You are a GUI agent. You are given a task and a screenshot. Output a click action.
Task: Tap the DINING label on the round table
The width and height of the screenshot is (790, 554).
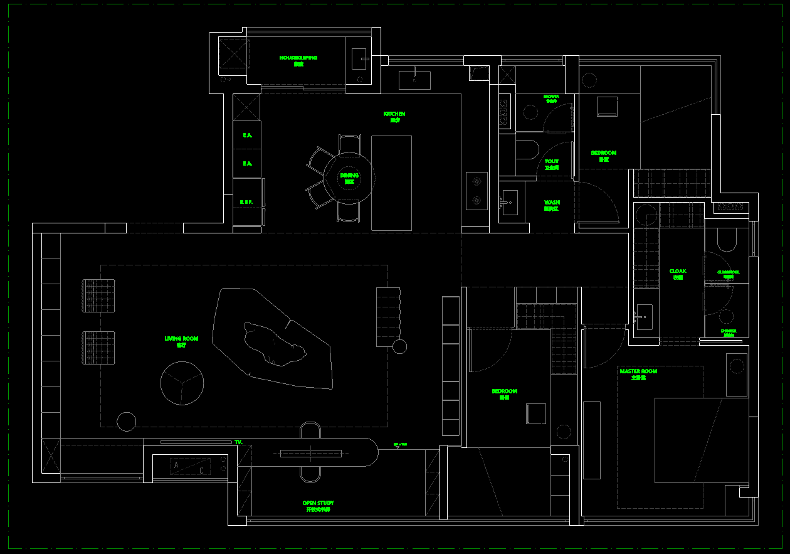pyautogui.click(x=349, y=178)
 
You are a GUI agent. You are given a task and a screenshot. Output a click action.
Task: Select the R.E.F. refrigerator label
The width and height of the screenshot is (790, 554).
pyautogui.click(x=246, y=202)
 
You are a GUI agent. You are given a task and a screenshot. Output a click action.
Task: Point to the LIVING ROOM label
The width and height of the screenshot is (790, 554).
pyautogui.click(x=181, y=341)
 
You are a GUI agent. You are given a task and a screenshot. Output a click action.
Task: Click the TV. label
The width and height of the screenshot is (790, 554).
pyautogui.click(x=238, y=442)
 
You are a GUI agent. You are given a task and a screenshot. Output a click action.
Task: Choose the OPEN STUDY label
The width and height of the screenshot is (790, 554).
pyautogui.click(x=318, y=505)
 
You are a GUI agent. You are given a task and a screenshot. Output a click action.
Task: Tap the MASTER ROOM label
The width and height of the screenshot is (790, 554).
pyautogui.click(x=638, y=373)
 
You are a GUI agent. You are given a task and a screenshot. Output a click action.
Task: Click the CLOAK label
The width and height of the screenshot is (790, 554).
pyautogui.click(x=678, y=273)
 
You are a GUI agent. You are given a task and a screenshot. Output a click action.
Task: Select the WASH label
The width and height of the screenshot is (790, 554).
pyautogui.click(x=552, y=205)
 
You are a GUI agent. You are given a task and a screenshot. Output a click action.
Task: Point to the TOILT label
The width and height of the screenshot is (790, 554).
pyautogui.click(x=552, y=164)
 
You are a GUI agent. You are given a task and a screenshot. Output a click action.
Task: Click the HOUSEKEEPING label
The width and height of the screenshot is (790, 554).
pyautogui.click(x=298, y=60)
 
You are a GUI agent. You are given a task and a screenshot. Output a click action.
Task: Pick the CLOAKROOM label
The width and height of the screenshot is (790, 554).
pyautogui.click(x=728, y=274)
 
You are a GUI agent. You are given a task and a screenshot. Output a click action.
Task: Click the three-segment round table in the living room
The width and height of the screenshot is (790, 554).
pyautogui.click(x=182, y=383)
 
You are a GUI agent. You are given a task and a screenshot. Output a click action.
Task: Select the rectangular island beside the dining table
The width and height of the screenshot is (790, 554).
pyautogui.click(x=391, y=183)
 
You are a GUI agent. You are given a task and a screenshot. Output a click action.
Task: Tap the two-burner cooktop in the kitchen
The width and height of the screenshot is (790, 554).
pyautogui.click(x=477, y=191)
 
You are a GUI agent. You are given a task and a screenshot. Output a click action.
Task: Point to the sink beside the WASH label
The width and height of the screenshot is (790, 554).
pyautogui.click(x=509, y=203)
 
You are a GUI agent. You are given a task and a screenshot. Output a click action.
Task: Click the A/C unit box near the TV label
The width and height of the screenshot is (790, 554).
pyautogui.click(x=190, y=466)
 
